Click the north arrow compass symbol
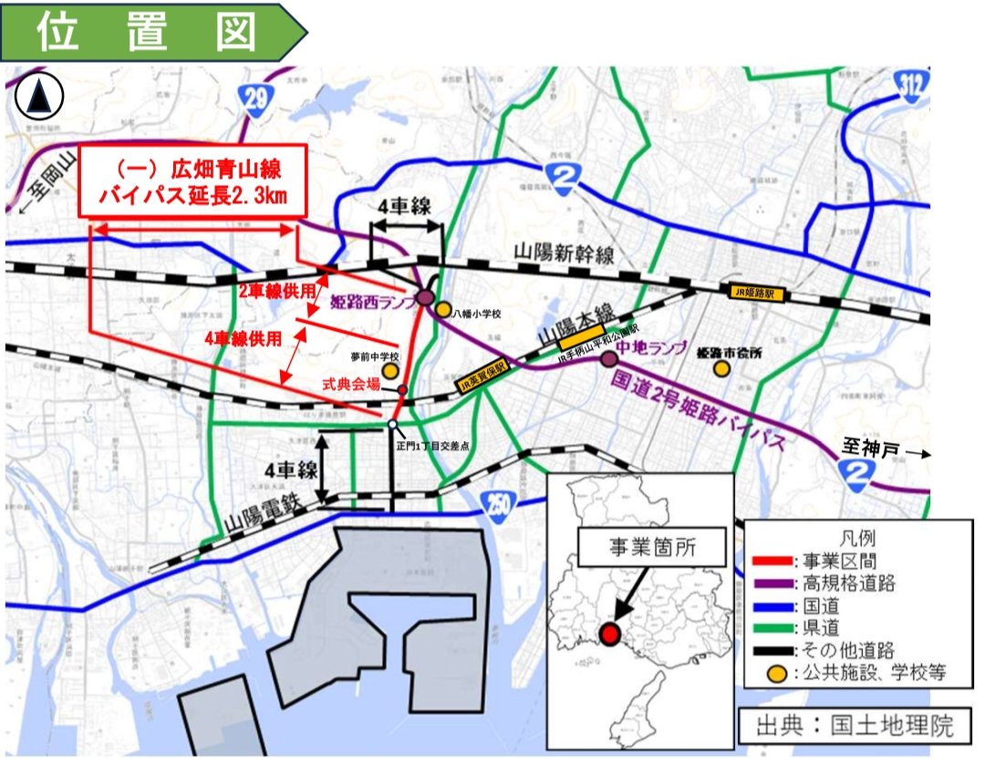click(x=38, y=94)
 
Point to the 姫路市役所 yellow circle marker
click(x=721, y=368)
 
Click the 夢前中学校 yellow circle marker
click(x=389, y=372)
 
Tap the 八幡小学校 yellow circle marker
click(x=443, y=310)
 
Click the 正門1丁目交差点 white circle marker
click(x=392, y=425)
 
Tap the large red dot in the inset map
click(x=610, y=633)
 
